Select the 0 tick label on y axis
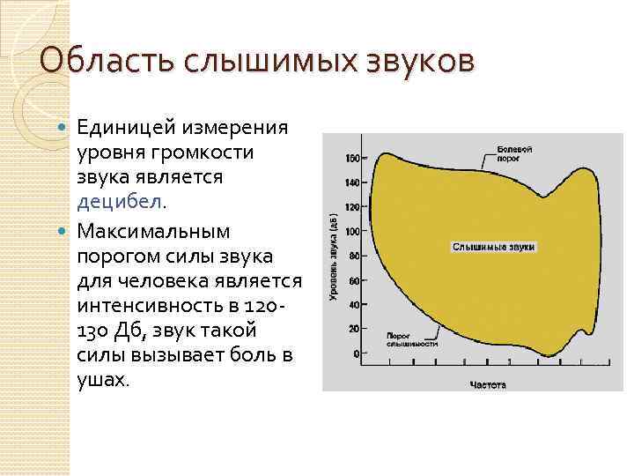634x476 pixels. coord(355,353)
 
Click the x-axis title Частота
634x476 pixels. coord(487,384)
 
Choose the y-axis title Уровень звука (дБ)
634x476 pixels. coord(333,256)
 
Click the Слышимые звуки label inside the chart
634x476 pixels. coord(493,248)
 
